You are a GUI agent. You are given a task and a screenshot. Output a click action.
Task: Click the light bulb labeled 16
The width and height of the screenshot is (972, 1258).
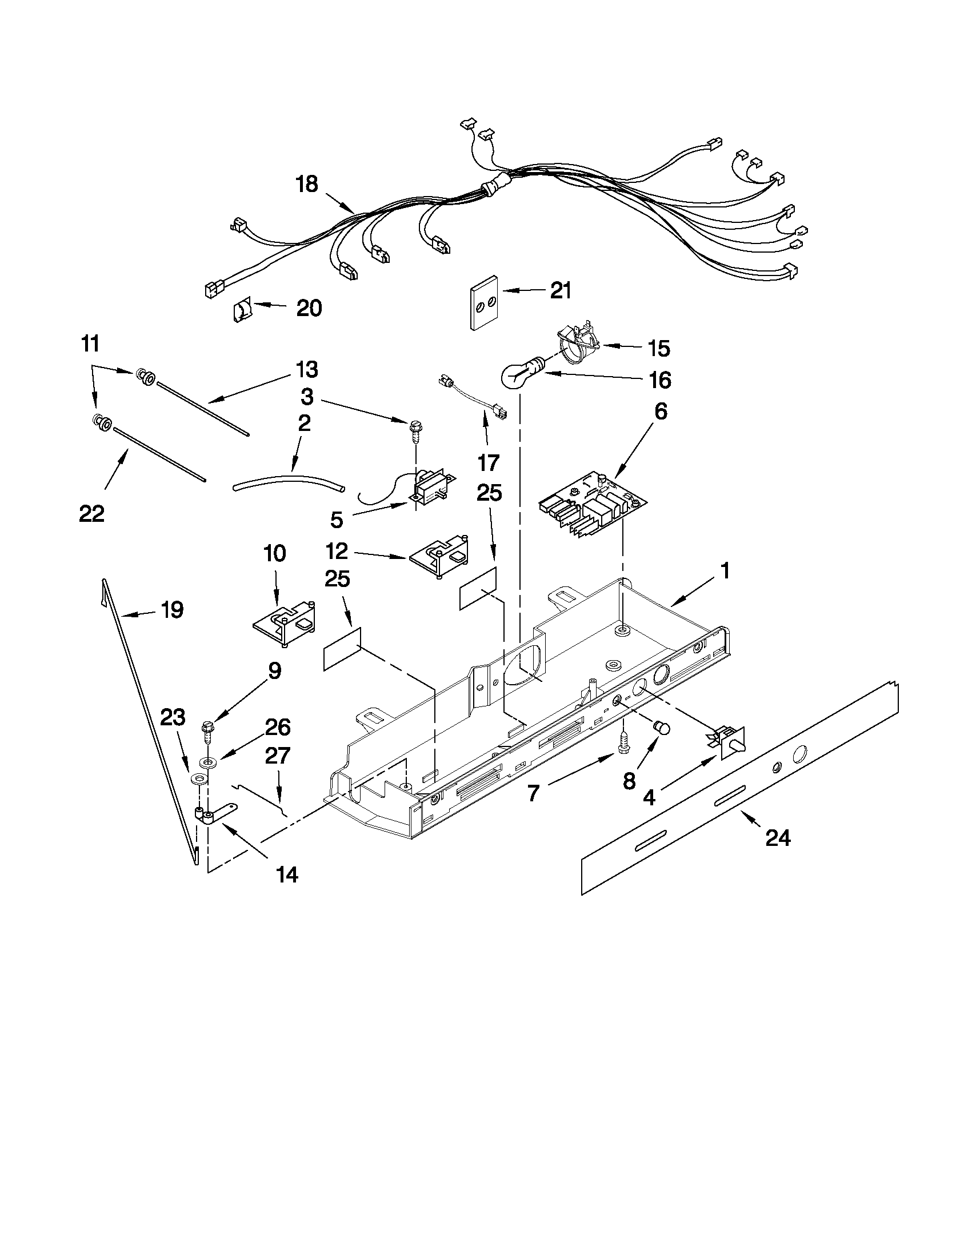[520, 373]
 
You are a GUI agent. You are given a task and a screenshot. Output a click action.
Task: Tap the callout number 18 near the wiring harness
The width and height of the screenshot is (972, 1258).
[307, 184]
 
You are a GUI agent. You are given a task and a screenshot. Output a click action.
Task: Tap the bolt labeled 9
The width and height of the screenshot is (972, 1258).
[207, 730]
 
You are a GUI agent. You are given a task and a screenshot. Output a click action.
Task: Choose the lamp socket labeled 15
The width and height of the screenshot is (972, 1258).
[576, 344]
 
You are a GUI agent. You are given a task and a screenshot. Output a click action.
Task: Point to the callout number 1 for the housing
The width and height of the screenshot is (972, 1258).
[725, 571]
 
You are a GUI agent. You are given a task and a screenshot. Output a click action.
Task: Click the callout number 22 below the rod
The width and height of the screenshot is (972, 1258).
[91, 513]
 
